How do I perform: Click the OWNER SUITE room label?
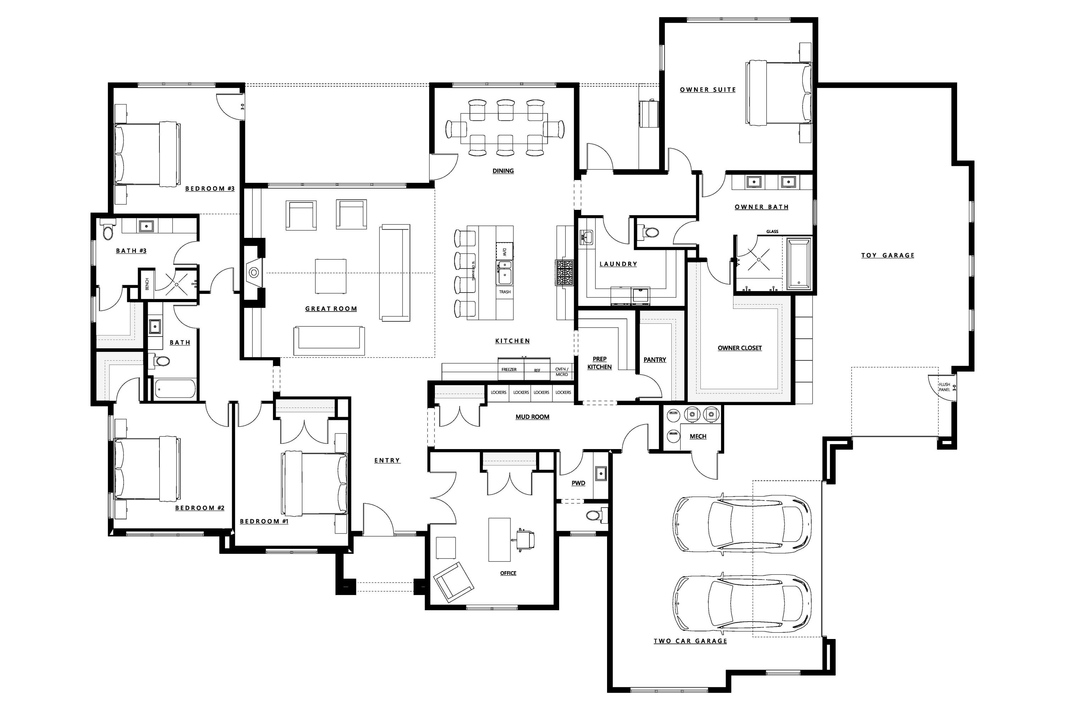click(x=708, y=90)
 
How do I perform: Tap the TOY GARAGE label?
click(x=887, y=255)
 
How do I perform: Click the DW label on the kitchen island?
click(x=504, y=251)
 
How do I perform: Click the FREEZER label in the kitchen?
click(x=509, y=370)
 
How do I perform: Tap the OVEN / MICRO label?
click(x=562, y=372)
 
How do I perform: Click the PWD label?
click(x=578, y=483)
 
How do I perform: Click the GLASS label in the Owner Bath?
click(x=772, y=231)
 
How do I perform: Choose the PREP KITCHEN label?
click(x=600, y=363)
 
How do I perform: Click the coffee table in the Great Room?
click(x=331, y=276)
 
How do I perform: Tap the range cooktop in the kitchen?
click(x=564, y=273)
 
